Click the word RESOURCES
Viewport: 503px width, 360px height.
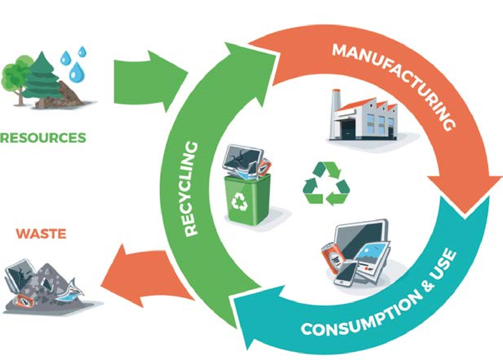[x=43, y=138]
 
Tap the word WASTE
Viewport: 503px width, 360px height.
[x=41, y=234]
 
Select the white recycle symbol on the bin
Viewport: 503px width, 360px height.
[x=239, y=201]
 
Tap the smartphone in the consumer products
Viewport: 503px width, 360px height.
[x=346, y=274]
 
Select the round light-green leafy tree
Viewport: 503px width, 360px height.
[x=16, y=74]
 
